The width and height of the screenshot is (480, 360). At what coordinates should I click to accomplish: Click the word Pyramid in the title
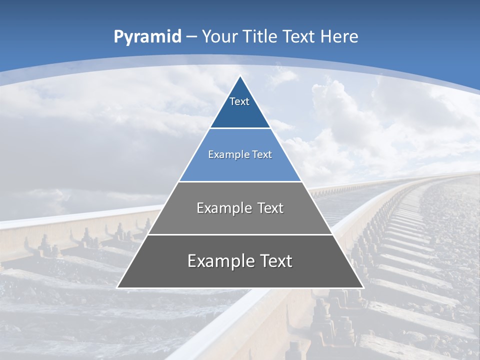click(147, 37)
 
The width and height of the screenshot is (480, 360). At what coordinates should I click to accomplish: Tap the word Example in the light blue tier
click(226, 155)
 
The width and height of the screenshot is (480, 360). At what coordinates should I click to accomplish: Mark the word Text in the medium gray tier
click(270, 208)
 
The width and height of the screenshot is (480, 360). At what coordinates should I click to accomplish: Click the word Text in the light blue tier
click(261, 155)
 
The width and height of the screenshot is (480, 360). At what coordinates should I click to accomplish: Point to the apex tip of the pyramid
click(240, 76)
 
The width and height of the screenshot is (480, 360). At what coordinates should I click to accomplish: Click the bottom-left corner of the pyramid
click(118, 287)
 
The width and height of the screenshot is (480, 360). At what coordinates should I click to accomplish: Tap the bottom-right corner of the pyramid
click(362, 287)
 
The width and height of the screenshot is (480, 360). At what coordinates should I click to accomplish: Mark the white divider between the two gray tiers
click(240, 234)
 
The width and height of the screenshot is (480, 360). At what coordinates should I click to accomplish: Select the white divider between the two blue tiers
click(240, 128)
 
